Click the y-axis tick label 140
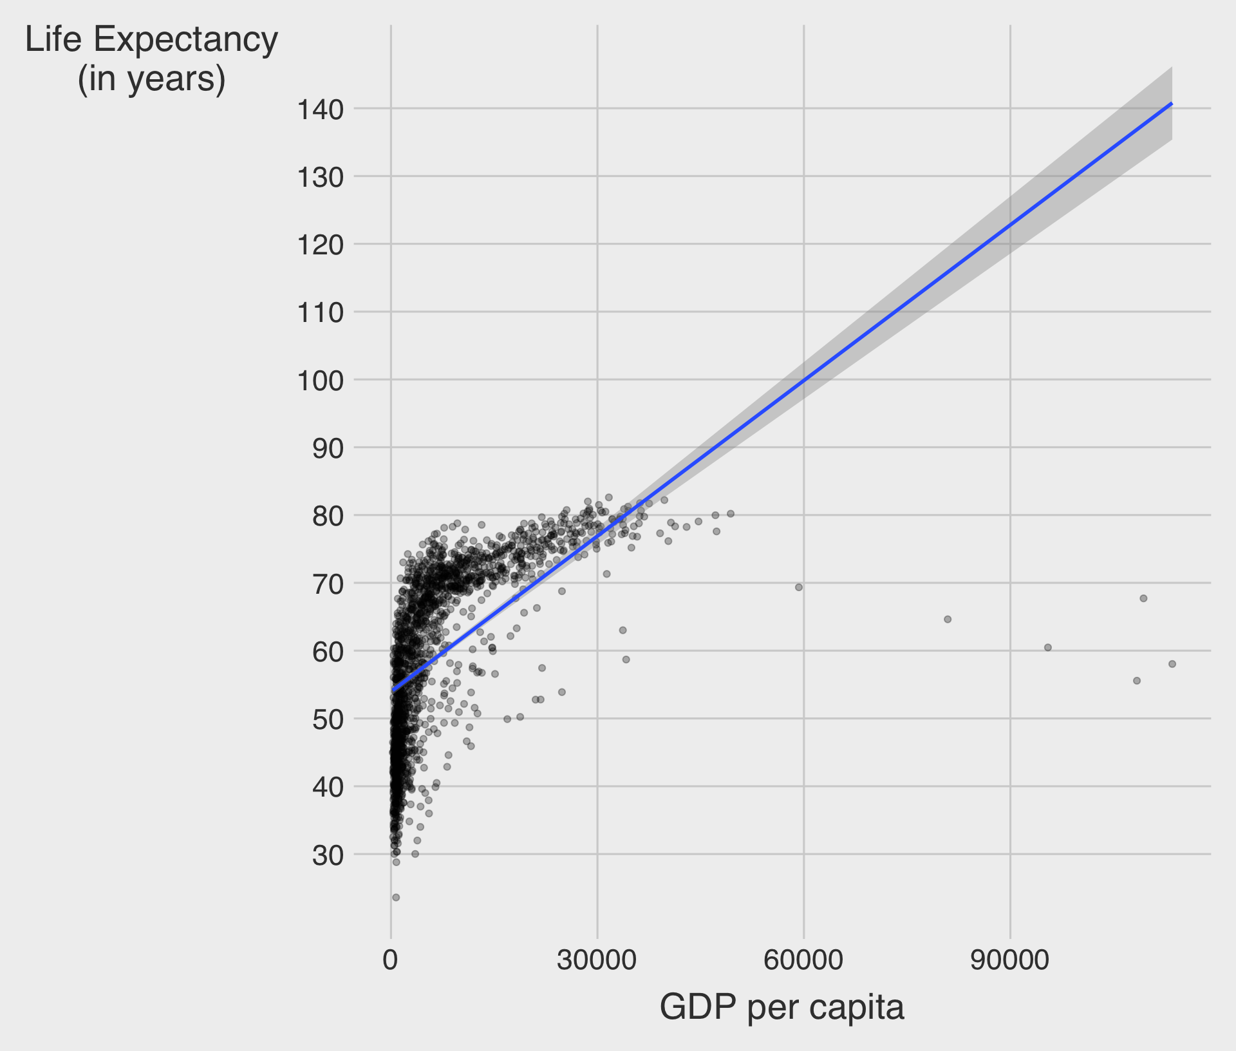(320, 110)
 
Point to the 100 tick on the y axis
(320, 381)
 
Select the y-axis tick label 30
(328, 856)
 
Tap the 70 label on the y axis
(328, 585)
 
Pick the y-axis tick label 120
(320, 245)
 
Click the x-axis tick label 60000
(803, 960)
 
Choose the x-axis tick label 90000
(1009, 960)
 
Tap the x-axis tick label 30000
(597, 960)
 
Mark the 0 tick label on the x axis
(390, 960)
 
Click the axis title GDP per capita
(782, 1007)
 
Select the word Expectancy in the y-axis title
(185, 40)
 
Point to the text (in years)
(152, 79)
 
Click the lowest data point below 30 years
(396, 897)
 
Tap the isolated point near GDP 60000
(799, 587)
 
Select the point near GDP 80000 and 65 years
(948, 620)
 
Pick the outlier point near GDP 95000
(1047, 647)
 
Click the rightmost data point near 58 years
(1172, 664)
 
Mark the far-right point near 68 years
(1143, 598)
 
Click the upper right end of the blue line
(1171, 104)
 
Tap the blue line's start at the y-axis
(393, 690)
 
